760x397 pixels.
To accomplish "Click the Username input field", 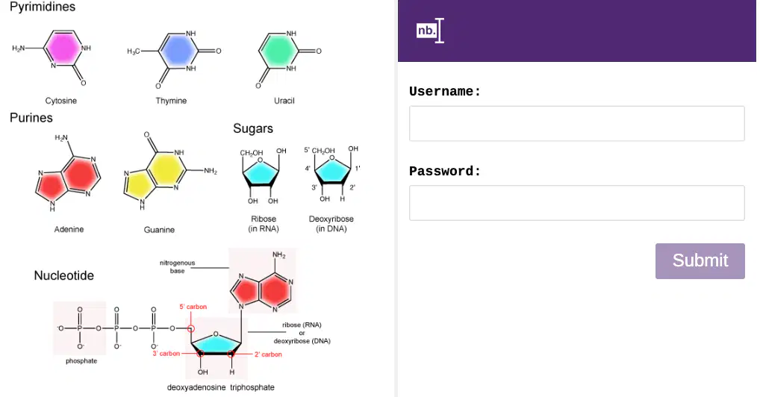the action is tap(576, 124).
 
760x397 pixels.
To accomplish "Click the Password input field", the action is tap(576, 203).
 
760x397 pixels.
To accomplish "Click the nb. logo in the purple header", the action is tap(430, 31).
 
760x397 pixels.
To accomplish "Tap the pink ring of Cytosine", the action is tap(63, 49).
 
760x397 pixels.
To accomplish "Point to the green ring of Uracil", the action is tap(278, 51).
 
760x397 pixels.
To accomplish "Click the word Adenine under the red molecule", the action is tap(69, 229).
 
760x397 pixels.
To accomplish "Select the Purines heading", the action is tap(31, 118).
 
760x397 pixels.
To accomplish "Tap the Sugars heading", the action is tap(253, 128).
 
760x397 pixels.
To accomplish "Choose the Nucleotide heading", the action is tap(64, 275).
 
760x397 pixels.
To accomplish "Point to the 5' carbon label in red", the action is tap(193, 307).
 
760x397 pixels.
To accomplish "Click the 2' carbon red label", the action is tap(268, 354).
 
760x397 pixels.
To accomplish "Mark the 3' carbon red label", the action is tap(166, 354).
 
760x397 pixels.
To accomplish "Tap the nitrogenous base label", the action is tap(178, 266).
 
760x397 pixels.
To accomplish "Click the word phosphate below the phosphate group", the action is tap(81, 361).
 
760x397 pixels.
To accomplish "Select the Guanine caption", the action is tap(159, 230).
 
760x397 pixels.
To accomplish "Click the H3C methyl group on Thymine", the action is tap(134, 51).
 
